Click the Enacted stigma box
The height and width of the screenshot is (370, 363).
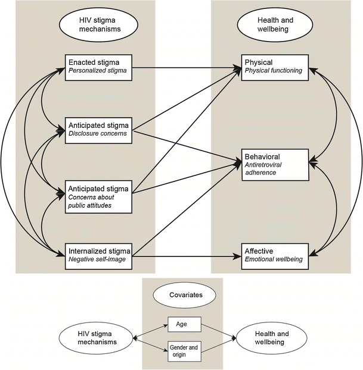98,66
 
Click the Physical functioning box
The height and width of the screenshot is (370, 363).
274,66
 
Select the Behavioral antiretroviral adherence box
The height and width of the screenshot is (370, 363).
274,164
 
